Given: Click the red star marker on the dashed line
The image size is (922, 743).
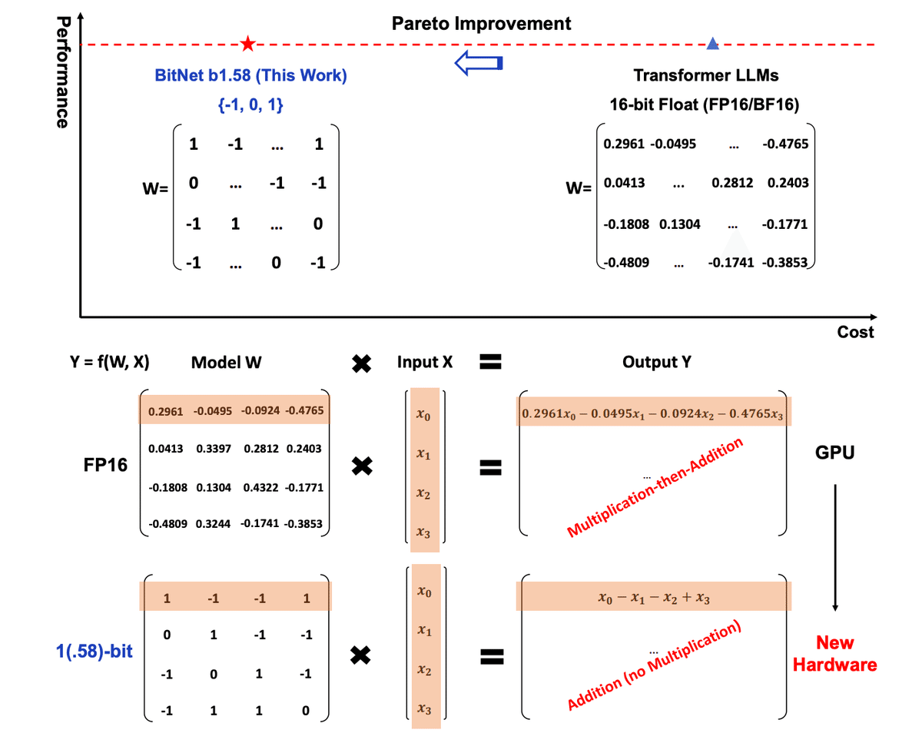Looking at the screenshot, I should tap(247, 44).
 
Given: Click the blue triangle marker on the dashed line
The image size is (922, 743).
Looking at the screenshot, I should tap(712, 44).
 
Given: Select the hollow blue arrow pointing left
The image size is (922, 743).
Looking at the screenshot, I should tap(479, 63).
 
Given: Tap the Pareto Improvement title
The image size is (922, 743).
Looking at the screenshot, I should tap(482, 23).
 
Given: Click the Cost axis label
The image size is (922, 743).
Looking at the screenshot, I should tap(856, 333).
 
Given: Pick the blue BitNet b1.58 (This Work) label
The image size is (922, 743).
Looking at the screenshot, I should tap(251, 76).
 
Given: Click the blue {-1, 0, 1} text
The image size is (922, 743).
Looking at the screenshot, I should tap(251, 106).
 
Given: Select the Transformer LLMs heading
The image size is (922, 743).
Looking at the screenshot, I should tap(705, 76).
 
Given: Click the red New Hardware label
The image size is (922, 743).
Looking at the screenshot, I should tap(835, 654).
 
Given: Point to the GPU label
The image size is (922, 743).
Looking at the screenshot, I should tap(835, 453).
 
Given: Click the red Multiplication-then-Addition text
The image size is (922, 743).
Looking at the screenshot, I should tap(655, 487).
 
